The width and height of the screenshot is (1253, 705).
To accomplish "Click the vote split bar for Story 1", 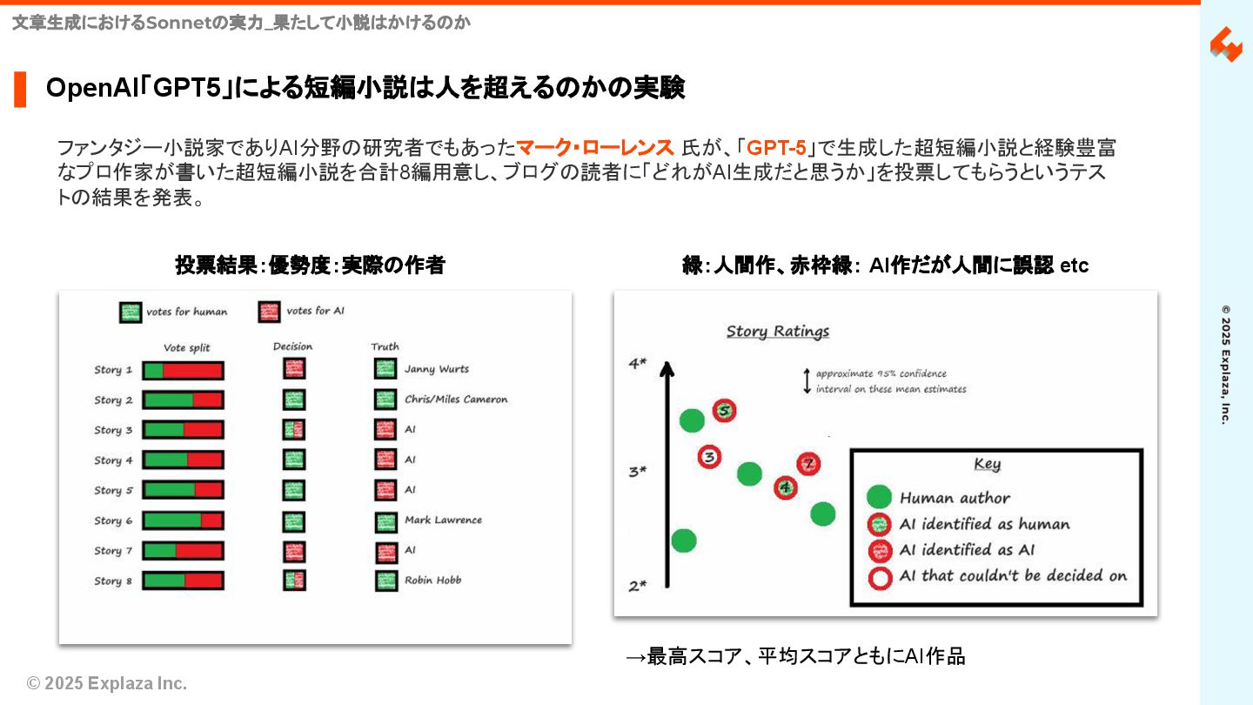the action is click(x=183, y=371).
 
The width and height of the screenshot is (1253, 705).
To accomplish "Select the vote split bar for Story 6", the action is click(x=183, y=521).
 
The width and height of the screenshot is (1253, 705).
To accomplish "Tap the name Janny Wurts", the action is click(x=437, y=369).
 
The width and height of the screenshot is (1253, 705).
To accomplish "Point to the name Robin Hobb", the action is click(x=432, y=581).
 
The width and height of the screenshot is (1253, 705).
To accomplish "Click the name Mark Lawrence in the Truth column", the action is click(x=443, y=520).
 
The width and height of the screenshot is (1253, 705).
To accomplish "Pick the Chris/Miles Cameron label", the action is click(x=456, y=399).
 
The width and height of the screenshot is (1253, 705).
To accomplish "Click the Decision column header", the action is click(x=292, y=346).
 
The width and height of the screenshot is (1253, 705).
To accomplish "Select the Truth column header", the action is click(x=385, y=346).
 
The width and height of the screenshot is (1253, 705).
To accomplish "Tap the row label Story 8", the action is click(x=114, y=581).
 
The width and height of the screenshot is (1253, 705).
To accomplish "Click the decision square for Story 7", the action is click(x=294, y=551).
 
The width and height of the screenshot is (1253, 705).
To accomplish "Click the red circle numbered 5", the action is click(x=725, y=411).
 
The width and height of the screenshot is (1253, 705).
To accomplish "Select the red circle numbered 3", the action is click(x=710, y=456).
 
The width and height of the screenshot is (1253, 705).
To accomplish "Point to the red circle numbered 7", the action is click(x=808, y=463).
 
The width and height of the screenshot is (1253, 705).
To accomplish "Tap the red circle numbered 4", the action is click(x=787, y=487).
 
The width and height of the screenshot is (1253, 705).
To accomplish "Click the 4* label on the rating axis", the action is click(x=638, y=364).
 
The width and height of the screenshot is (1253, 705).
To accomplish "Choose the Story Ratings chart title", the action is click(x=778, y=332).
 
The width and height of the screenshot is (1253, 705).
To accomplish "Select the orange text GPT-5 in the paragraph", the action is click(x=776, y=149).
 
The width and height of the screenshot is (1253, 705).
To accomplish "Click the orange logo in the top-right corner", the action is click(x=1226, y=44).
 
